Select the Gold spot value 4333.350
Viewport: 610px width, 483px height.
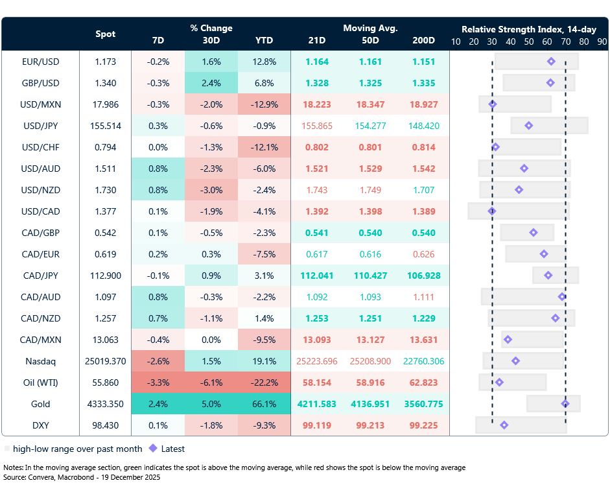coord(106,404)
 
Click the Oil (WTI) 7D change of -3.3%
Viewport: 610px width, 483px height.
coord(158,383)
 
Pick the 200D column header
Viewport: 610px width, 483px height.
coord(423,40)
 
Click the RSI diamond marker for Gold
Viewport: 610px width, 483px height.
coord(565,403)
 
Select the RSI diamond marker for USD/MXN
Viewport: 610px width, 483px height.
coord(492,104)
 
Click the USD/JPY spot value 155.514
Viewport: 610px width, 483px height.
coord(106,126)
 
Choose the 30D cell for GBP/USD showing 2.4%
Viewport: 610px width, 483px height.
coord(211,83)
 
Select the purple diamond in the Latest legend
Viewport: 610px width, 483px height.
coord(153,448)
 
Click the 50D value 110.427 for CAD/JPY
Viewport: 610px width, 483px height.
coord(370,276)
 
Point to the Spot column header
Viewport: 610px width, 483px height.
coord(106,34)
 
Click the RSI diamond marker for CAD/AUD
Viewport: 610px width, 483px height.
coord(562,297)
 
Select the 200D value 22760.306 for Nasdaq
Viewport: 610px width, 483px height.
coord(423,361)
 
